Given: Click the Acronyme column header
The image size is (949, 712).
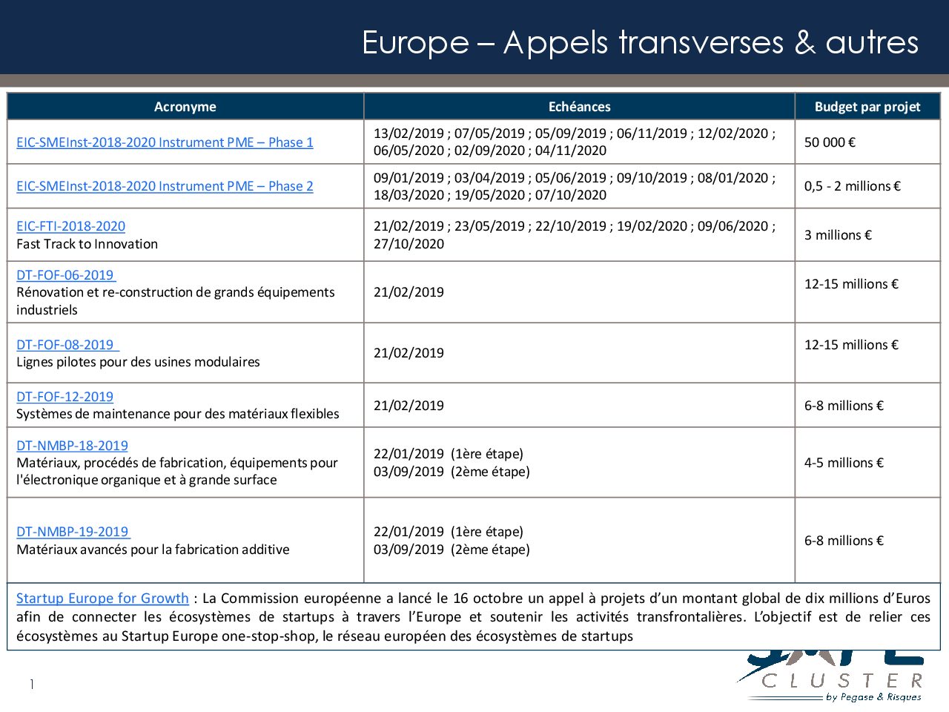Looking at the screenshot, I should tap(185, 107).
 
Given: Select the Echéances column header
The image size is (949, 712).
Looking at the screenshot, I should tap(579, 107).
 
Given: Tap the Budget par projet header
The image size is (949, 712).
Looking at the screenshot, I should tap(867, 107).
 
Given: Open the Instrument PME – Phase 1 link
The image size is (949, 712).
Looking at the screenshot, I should tap(165, 142).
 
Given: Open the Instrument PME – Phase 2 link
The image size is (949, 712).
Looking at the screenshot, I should tap(165, 186).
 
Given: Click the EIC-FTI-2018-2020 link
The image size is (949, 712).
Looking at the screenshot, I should tap(70, 226).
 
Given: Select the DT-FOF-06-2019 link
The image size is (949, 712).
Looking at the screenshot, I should tap(65, 275).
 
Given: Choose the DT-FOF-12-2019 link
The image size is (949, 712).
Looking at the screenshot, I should tap(65, 397).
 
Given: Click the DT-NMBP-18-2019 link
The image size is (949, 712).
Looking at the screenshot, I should tap(72, 446).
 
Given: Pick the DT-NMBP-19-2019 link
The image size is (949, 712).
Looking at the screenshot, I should tap(72, 532).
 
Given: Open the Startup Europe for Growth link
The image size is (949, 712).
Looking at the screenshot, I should tap(102, 599).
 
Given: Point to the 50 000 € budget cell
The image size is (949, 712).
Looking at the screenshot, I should tap(830, 142).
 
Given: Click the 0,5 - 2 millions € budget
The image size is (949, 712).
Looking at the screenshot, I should tap(852, 186).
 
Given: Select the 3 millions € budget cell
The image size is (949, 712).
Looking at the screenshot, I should tap(838, 235).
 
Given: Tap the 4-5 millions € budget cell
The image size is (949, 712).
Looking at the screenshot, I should tap(844, 463).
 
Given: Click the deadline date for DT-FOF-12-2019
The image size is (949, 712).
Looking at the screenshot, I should tap(409, 406).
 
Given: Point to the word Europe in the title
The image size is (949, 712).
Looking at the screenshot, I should tap(415, 43).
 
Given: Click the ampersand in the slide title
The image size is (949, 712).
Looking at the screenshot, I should tap(804, 43).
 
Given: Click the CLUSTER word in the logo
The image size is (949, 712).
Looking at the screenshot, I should tap(842, 681).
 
